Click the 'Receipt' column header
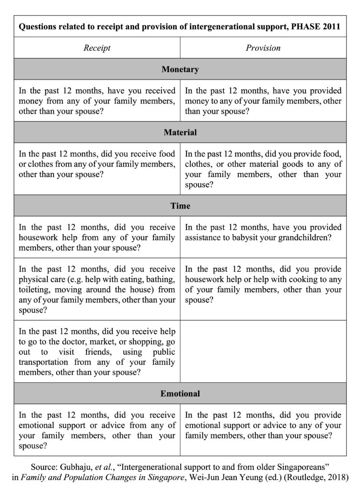pos(97,48)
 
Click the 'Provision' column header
pos(263,48)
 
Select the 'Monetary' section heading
pos(180,70)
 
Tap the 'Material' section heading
pos(180,132)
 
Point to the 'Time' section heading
pos(180,206)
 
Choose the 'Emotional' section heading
pos(180,394)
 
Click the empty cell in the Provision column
pos(263,351)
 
